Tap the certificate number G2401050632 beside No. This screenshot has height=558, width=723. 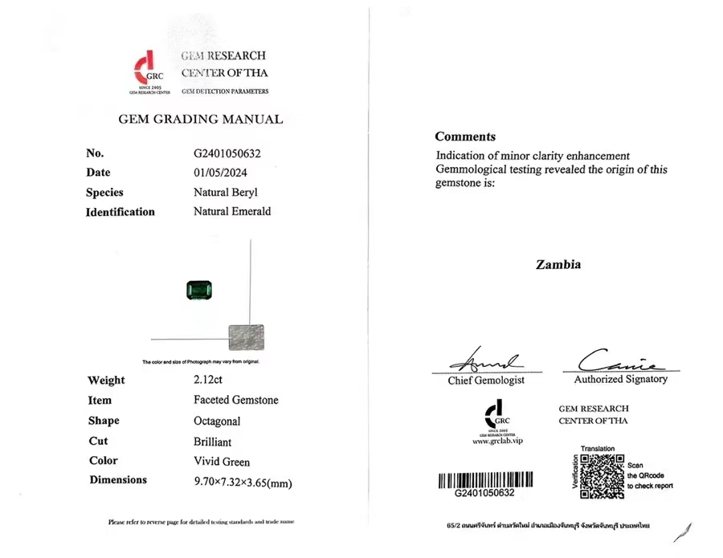tap(227, 153)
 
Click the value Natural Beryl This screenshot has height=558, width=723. tap(225, 193)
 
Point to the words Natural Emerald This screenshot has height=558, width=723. tap(232, 212)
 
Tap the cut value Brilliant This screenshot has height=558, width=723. tap(212, 442)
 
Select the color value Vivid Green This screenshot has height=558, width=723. tap(222, 462)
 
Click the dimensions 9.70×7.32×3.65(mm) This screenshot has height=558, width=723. tap(243, 483)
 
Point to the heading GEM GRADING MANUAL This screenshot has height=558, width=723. tap(200, 120)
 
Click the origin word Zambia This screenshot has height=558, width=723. tap(558, 264)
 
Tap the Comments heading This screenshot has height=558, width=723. tap(465, 136)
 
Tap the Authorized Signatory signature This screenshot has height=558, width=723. tap(618, 360)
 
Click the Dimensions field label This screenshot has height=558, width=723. tap(118, 480)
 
